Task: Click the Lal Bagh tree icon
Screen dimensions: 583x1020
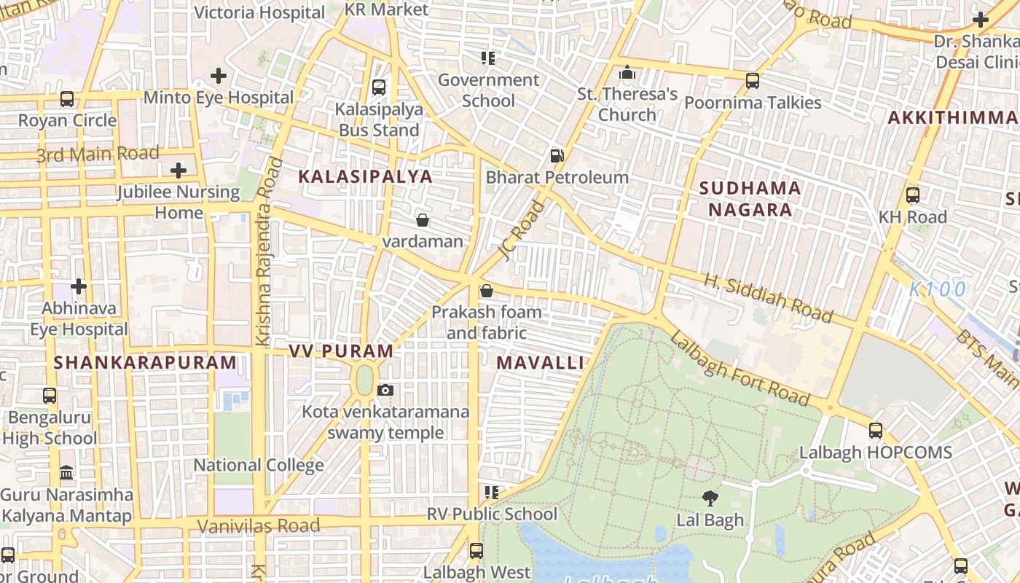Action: click(710, 498)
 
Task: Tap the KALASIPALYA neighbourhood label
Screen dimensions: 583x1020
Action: click(365, 176)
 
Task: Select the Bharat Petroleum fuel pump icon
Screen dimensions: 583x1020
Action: click(557, 155)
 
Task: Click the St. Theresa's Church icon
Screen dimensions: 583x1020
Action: click(627, 73)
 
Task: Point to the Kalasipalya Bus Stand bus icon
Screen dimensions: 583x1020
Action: click(378, 87)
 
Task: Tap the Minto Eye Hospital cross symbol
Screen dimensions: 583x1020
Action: click(218, 76)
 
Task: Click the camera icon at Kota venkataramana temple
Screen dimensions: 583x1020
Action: click(385, 391)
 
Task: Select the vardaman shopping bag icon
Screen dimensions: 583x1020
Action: click(422, 220)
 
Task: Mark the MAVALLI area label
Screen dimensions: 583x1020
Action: click(540, 363)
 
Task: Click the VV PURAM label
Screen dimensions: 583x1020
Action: click(341, 351)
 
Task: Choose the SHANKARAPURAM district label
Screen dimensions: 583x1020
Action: click(145, 362)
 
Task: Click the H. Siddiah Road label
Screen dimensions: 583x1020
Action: click(768, 297)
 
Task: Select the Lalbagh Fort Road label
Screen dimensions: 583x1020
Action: click(739, 368)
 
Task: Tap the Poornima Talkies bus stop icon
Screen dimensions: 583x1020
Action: click(752, 81)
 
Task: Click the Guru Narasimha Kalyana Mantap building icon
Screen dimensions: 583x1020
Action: click(66, 473)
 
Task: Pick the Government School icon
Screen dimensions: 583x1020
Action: click(487, 58)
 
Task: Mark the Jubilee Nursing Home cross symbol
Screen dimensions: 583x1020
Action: click(178, 171)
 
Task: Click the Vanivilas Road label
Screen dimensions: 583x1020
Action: click(259, 525)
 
